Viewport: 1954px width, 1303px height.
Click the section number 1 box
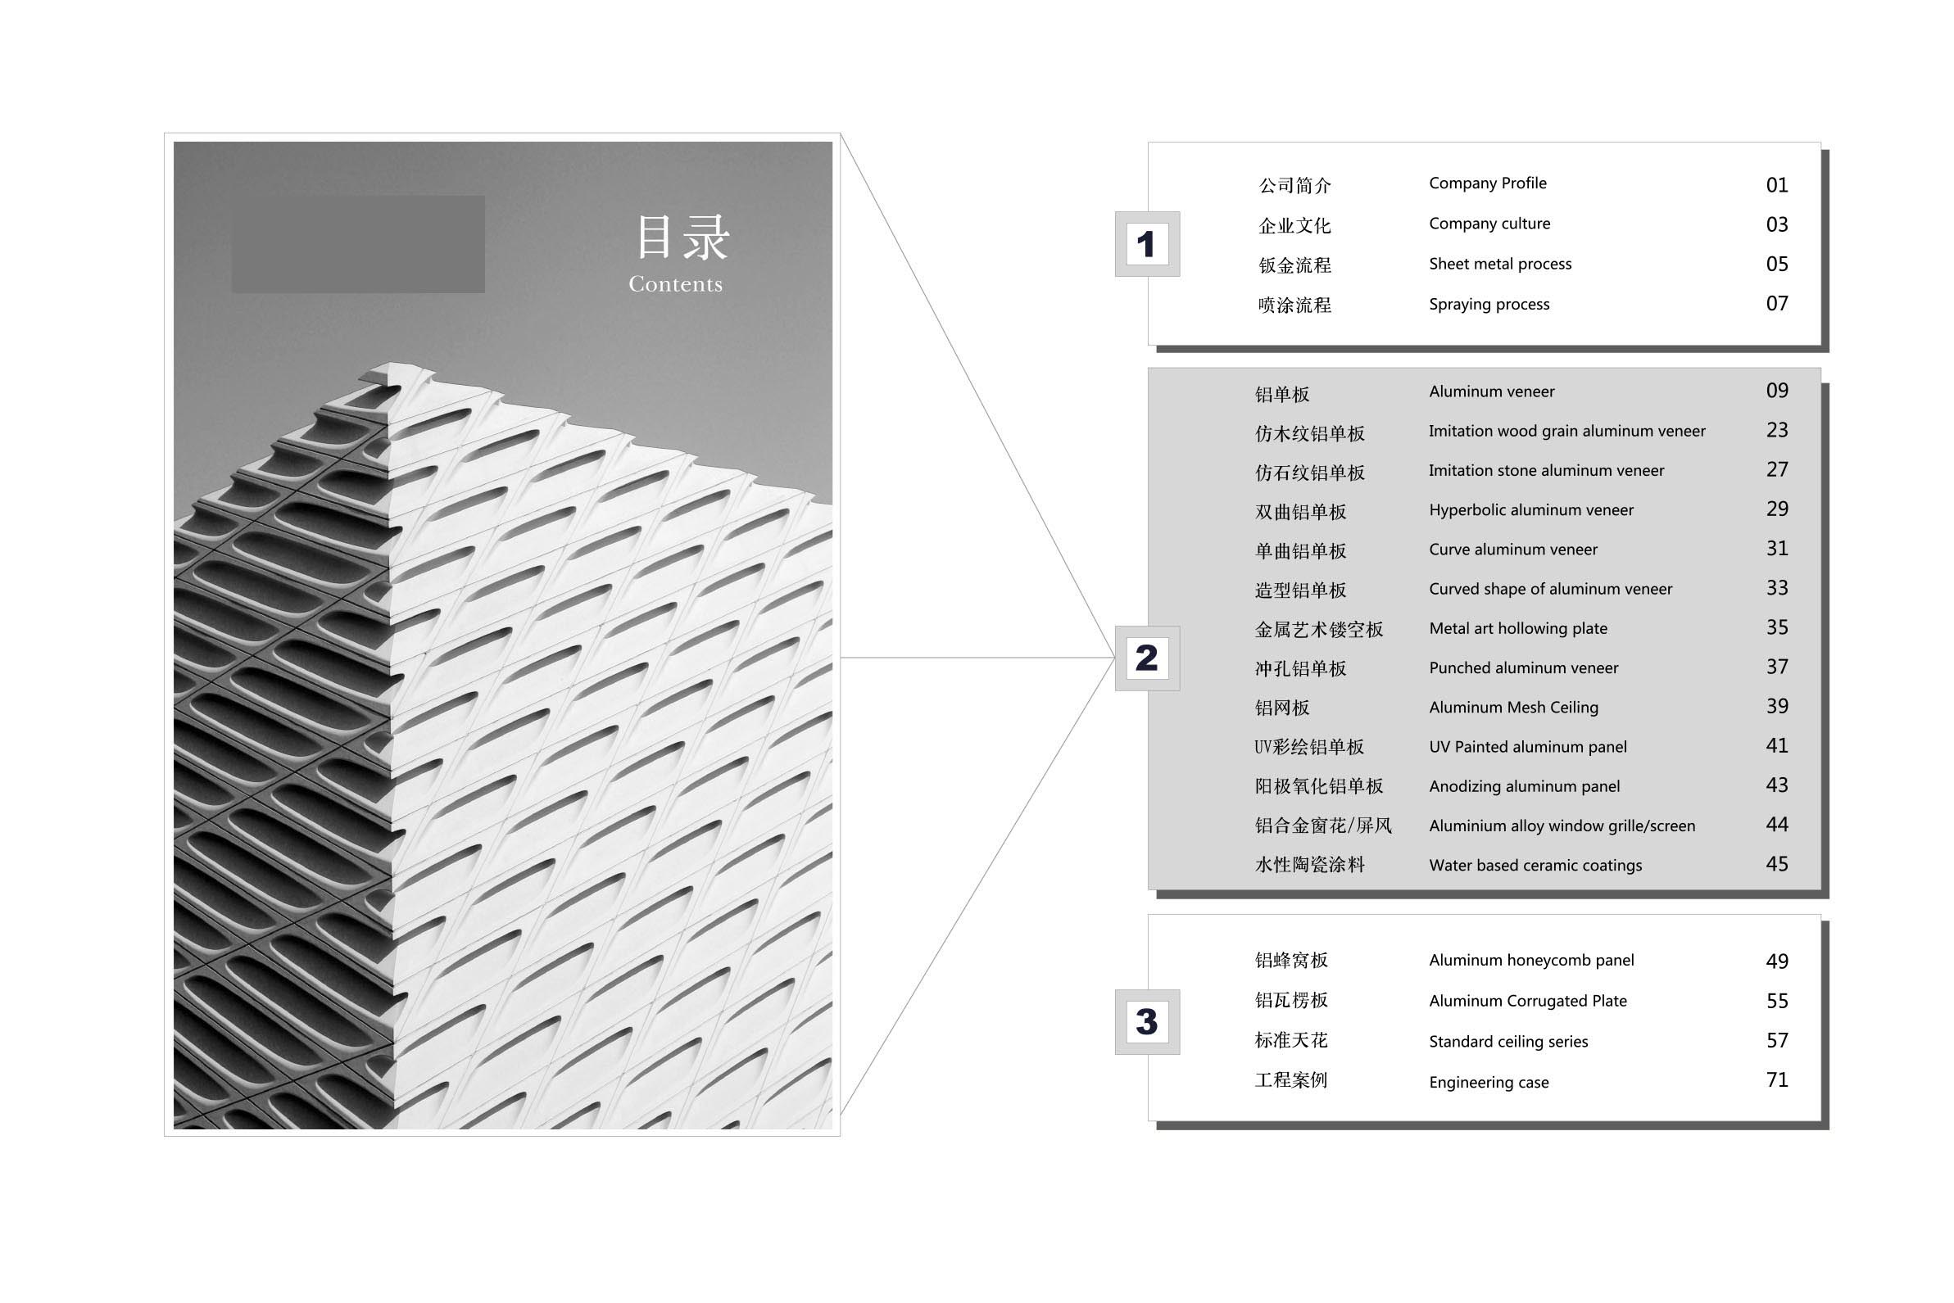point(1147,244)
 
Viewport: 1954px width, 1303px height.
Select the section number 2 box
point(1147,658)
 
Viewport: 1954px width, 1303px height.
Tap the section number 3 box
point(1147,1022)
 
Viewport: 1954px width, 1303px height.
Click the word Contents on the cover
point(676,284)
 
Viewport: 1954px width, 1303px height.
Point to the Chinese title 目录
point(682,237)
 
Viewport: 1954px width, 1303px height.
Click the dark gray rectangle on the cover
point(358,244)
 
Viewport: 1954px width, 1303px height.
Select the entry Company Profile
point(1488,183)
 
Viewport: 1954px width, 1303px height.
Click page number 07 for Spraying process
point(1777,303)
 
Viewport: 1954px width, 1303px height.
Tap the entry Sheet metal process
point(1500,265)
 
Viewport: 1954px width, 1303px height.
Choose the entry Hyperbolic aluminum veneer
point(1531,510)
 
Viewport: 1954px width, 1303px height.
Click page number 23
point(1777,431)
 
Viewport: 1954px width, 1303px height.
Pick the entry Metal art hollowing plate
point(1517,629)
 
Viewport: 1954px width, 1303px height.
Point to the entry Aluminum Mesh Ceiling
point(1513,707)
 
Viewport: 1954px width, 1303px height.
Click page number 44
point(1777,825)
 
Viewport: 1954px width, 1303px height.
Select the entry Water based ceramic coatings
point(1535,865)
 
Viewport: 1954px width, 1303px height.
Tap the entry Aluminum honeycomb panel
point(1531,961)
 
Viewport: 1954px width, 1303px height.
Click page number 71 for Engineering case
point(1777,1080)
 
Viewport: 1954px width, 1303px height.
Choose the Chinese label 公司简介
point(1295,185)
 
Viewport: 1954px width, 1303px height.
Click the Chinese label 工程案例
point(1290,1080)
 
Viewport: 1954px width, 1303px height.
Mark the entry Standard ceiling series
point(1507,1042)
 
